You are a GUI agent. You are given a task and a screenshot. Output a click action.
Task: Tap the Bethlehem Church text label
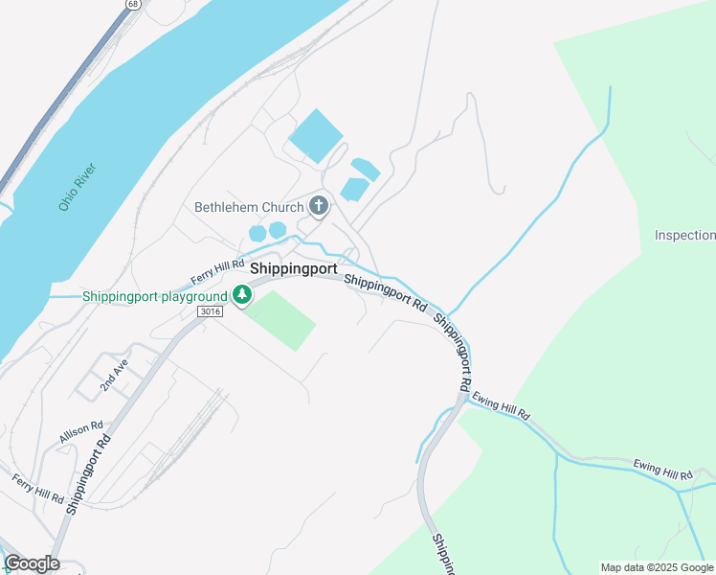(x=248, y=206)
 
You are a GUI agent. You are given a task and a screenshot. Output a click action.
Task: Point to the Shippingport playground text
(x=154, y=296)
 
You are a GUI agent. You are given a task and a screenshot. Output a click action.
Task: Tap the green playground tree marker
(x=243, y=297)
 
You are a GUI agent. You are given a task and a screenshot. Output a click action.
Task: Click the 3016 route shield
(x=211, y=312)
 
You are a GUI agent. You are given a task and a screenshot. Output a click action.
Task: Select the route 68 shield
(x=129, y=4)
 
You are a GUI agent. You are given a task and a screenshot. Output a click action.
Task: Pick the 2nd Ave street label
(x=113, y=379)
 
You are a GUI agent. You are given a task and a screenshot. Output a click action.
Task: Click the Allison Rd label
(x=80, y=432)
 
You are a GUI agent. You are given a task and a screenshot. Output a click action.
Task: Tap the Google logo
(x=32, y=563)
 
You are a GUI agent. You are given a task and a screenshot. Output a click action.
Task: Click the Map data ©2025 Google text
(x=657, y=567)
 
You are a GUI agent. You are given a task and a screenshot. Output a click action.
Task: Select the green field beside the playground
(x=281, y=319)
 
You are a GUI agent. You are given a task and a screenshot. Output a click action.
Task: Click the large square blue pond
(x=315, y=136)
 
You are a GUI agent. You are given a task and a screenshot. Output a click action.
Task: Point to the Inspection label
(x=684, y=235)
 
